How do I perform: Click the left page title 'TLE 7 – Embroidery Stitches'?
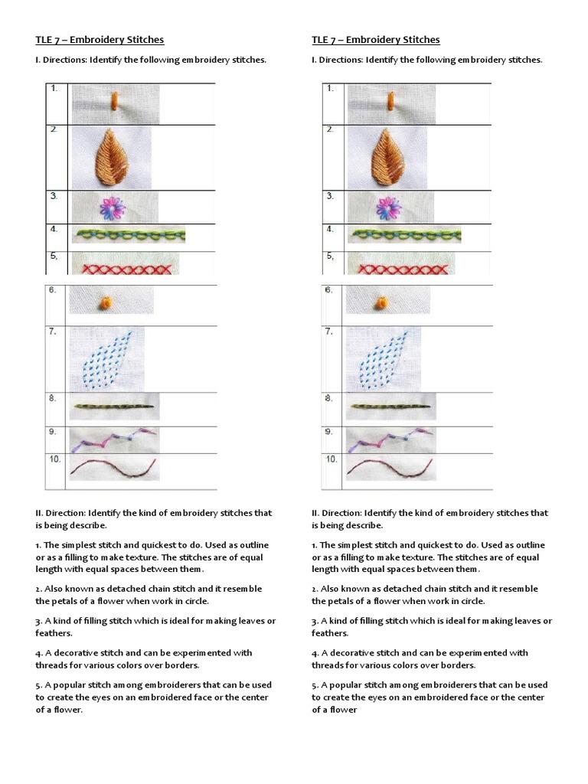(x=100, y=40)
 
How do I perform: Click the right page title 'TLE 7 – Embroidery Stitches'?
(x=375, y=40)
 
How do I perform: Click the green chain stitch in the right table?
(x=404, y=235)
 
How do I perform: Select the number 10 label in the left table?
(x=55, y=459)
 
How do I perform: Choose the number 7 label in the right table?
(x=328, y=332)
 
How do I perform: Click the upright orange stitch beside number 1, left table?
(x=114, y=102)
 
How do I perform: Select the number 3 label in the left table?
(x=54, y=196)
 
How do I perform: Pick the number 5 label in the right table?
(x=329, y=256)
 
